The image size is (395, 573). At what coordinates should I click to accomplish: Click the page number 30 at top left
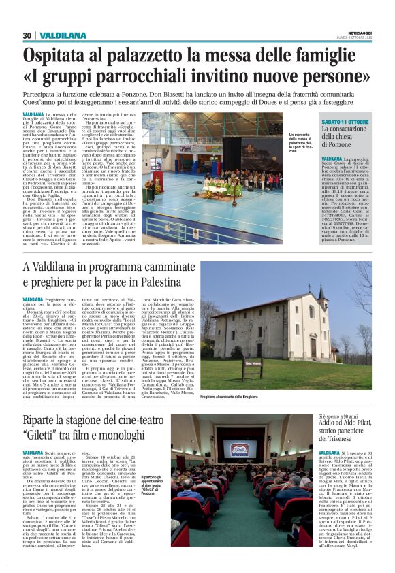(27, 35)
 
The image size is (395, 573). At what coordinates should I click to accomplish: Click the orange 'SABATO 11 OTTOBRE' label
(345, 121)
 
